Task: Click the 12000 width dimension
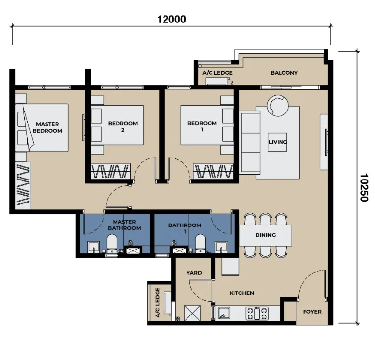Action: (171, 20)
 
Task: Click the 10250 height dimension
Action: (364, 187)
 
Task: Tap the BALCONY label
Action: (284, 73)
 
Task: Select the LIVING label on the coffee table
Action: (278, 142)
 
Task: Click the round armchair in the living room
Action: (278, 106)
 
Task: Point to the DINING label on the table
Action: (265, 235)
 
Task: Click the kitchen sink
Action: (223, 313)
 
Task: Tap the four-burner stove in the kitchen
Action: (257, 314)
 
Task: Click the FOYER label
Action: (312, 312)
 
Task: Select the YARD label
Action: (194, 273)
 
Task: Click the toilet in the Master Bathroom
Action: (112, 244)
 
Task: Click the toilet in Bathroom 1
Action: (200, 244)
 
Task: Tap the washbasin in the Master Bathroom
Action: (94, 247)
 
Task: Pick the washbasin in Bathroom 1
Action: (221, 247)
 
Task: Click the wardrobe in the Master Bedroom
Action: (23, 186)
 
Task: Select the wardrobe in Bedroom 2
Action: (111, 171)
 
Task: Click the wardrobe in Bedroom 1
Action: (213, 171)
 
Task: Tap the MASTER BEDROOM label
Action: (47, 127)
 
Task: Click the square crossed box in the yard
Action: (192, 313)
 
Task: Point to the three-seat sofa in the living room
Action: (251, 142)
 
